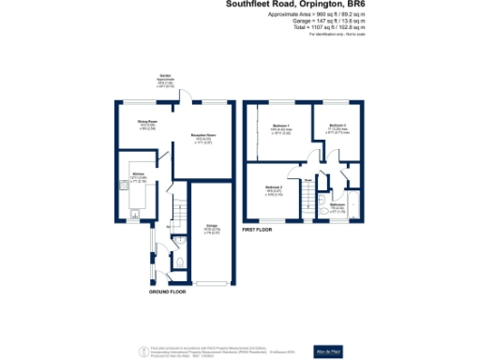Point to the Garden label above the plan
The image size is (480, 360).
165,82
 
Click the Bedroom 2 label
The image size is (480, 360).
275,190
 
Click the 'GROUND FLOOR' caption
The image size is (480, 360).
167,292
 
